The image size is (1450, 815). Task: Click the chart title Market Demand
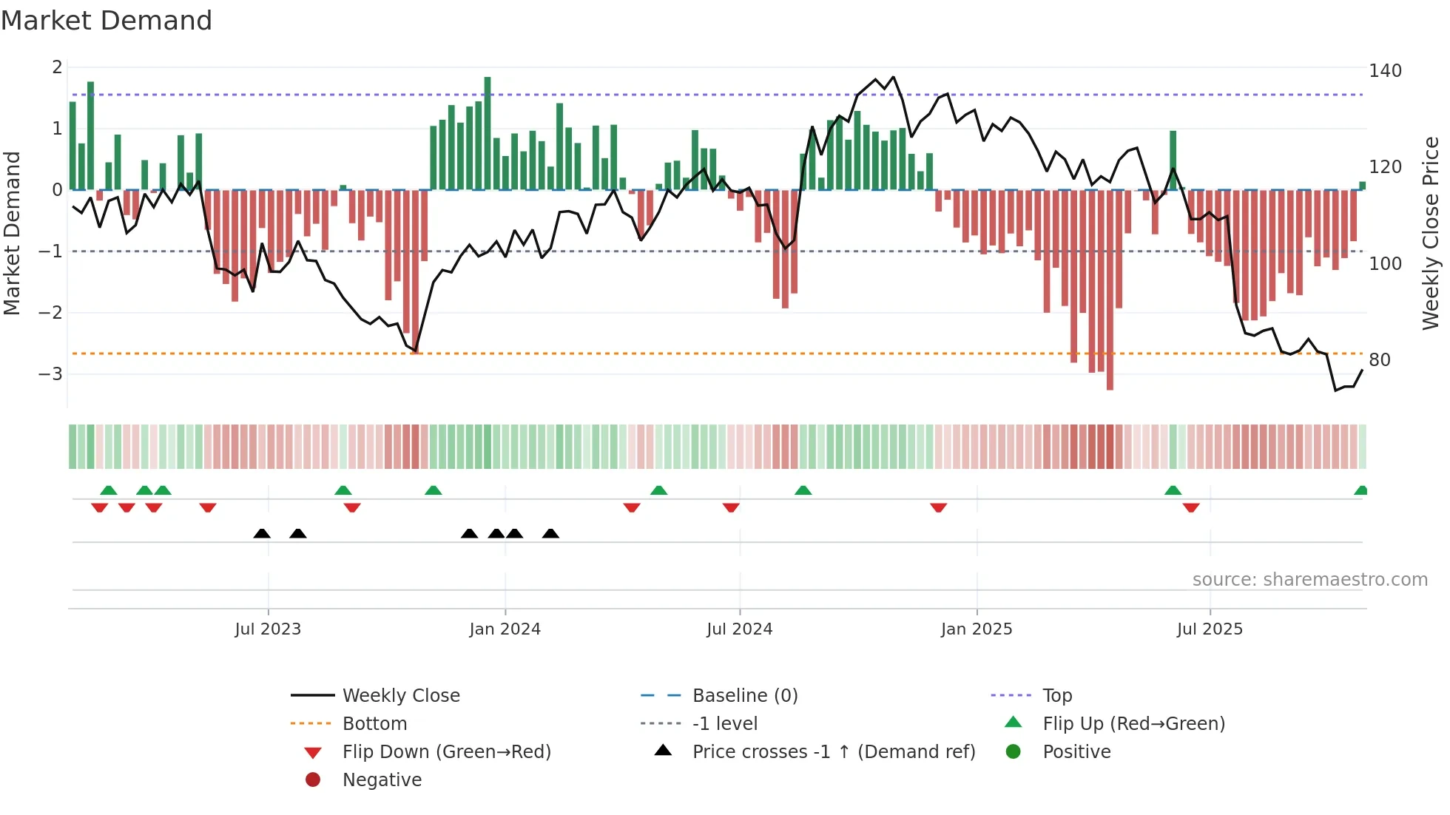[x=107, y=21]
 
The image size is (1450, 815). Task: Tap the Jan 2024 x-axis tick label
[x=505, y=629]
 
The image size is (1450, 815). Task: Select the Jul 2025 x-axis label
[x=1210, y=629]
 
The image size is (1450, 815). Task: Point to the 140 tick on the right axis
[x=1385, y=71]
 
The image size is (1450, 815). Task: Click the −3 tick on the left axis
[x=51, y=373]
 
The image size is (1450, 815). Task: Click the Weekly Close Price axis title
[x=1431, y=233]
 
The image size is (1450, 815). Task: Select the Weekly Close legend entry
[x=400, y=695]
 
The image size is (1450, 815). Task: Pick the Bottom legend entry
[x=374, y=723]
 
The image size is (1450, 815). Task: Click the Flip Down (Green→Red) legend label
[x=446, y=751]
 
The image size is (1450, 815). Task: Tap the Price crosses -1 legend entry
[x=833, y=751]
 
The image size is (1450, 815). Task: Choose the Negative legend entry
[x=382, y=780]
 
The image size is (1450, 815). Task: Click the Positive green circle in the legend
[x=1014, y=751]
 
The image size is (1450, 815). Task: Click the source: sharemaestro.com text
[x=1309, y=579]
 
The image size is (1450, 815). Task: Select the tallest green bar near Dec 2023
[x=488, y=133]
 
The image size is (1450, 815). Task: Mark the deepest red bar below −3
[x=1110, y=290]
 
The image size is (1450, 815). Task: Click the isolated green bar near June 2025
[x=1173, y=160]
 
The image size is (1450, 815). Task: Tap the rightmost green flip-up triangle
[x=1360, y=490]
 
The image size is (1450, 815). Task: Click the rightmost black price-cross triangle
[x=550, y=533]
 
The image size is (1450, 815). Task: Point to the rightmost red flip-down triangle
[x=1191, y=507]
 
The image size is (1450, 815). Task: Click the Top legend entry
[x=1056, y=695]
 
